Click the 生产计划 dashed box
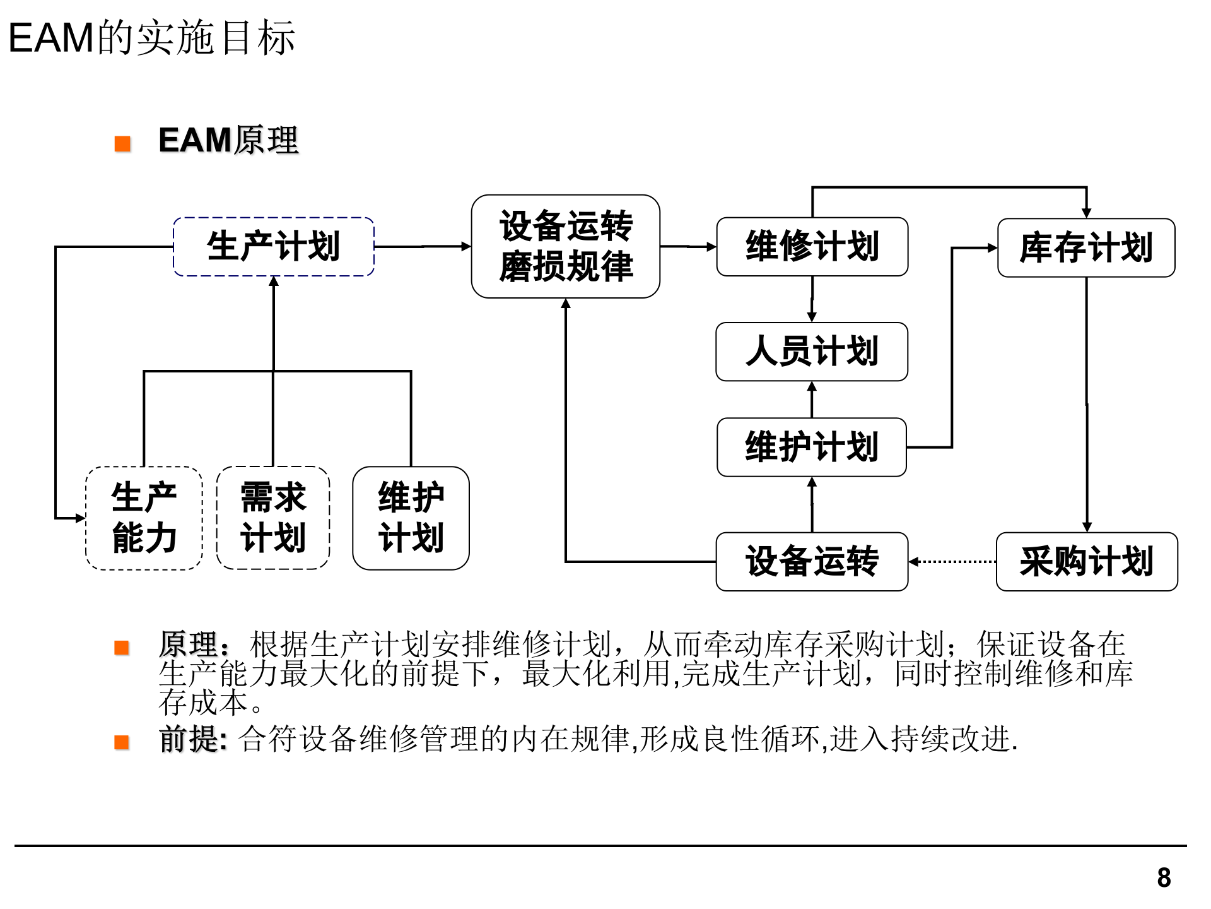pos(273,247)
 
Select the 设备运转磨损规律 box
pos(565,246)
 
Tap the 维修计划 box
pos(812,247)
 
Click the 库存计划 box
pos(1085,247)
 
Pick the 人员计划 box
pos(811,352)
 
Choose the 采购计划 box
pos(1086,562)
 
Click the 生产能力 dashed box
pos(144,518)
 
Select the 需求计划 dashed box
pos(272,518)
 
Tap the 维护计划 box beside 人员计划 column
pos(811,447)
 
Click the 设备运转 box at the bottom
pos(811,562)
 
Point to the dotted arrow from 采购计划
pos(952,561)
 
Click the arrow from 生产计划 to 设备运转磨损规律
pos(423,246)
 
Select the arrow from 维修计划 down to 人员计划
pos(812,299)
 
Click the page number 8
pos(1164,877)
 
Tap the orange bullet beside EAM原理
pos(122,144)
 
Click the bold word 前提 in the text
pos(191,739)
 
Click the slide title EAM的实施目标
pos(151,38)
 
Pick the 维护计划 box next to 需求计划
pos(411,518)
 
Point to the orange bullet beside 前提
pos(122,742)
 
